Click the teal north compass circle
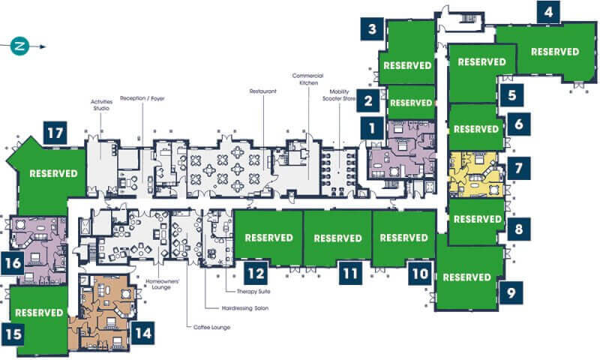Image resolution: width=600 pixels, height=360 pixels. click(x=19, y=46)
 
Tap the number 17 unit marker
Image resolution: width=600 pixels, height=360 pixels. click(x=55, y=133)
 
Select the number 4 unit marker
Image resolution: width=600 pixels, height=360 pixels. click(x=548, y=12)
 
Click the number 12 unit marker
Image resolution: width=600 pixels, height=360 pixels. click(x=256, y=274)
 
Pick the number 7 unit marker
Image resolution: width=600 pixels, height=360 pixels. click(x=518, y=168)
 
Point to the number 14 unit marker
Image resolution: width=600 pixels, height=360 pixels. click(x=143, y=333)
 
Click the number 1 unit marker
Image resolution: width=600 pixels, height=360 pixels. click(x=371, y=128)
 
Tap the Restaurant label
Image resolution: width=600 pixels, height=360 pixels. click(x=263, y=91)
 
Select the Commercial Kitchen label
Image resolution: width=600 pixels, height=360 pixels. click(x=308, y=79)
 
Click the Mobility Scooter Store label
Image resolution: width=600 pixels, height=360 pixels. click(x=339, y=95)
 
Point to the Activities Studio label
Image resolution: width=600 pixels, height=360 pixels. click(x=101, y=105)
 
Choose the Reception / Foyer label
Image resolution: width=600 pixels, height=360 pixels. click(x=142, y=98)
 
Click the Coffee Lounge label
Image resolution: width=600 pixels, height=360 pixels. click(x=212, y=327)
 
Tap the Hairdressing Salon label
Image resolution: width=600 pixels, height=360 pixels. click(x=245, y=308)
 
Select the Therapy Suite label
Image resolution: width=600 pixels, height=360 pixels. click(x=253, y=292)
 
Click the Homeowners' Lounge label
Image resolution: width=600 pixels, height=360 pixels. click(x=162, y=284)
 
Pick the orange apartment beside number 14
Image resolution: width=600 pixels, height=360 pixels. click(x=103, y=312)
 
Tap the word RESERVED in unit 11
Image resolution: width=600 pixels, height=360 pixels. click(x=338, y=238)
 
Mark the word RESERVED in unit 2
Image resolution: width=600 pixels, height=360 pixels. click(x=411, y=103)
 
